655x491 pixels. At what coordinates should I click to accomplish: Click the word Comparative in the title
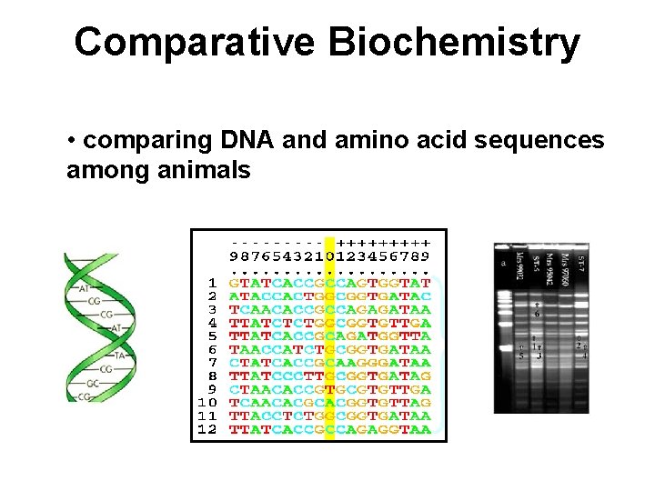coord(190,42)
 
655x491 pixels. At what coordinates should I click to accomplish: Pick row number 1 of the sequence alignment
coord(212,284)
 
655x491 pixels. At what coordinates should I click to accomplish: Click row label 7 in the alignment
coord(212,363)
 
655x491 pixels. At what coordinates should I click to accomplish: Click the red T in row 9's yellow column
coord(329,389)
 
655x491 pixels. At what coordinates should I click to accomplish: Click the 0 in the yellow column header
coord(329,257)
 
